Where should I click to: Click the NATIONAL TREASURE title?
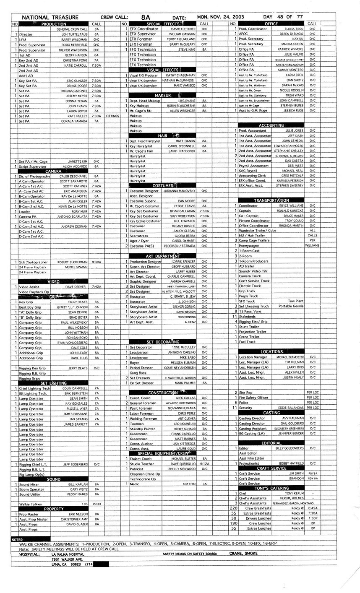(x=50, y=18)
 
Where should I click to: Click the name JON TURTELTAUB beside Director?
(x=75, y=34)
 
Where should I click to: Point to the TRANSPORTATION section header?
(x=271, y=200)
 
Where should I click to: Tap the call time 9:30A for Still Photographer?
(x=96, y=262)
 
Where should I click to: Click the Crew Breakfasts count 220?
(x=234, y=508)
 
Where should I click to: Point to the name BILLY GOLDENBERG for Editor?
(x=290, y=448)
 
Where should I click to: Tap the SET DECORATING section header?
(x=163, y=342)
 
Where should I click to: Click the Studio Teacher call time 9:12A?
(x=204, y=464)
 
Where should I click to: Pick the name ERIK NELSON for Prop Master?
(x=78, y=514)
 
